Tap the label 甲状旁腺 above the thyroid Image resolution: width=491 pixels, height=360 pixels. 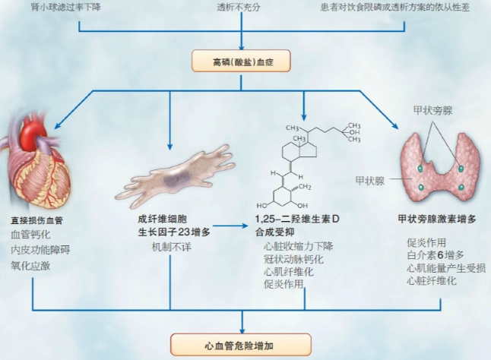coord(439,110)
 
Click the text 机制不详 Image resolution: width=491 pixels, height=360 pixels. coord(171,249)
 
